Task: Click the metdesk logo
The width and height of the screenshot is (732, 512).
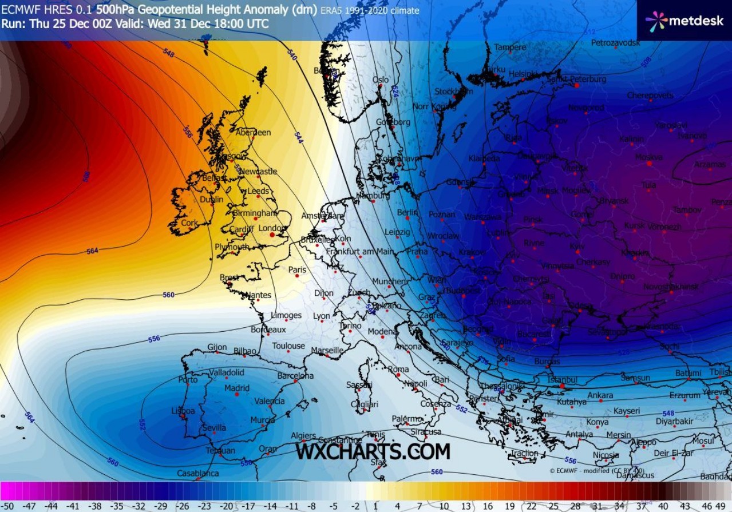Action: (x=683, y=21)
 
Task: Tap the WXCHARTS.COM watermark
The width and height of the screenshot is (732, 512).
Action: (x=373, y=451)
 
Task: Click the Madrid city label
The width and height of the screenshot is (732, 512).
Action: (x=237, y=388)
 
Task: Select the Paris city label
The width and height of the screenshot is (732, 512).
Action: (x=297, y=270)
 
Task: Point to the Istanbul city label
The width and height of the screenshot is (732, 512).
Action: (x=562, y=379)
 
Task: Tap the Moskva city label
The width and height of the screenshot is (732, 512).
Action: (x=648, y=157)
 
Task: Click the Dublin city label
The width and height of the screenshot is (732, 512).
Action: (x=212, y=200)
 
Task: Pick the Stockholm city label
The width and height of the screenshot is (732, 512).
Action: (x=453, y=92)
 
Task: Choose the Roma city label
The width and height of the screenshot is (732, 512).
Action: (x=398, y=370)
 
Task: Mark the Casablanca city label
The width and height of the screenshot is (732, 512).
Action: (x=197, y=473)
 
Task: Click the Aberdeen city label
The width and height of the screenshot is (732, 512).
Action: (x=253, y=132)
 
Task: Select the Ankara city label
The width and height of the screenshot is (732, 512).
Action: (x=600, y=395)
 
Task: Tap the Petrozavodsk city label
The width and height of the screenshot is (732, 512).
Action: (x=615, y=43)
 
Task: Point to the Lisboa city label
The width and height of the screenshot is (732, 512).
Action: (x=183, y=411)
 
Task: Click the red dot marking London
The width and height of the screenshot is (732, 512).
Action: (x=271, y=234)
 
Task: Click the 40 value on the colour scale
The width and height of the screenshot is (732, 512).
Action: (x=663, y=506)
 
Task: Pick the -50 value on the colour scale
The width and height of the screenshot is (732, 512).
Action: (x=9, y=506)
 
